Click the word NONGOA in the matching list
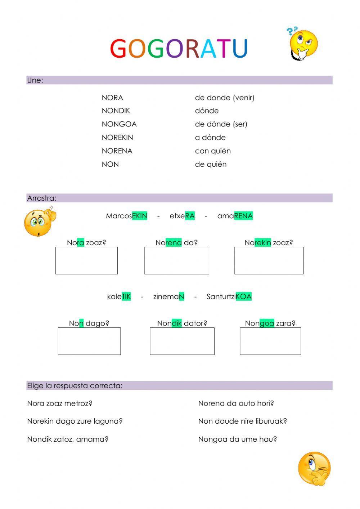(x=119, y=124)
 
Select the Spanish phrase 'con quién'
(x=213, y=151)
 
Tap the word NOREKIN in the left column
(x=117, y=138)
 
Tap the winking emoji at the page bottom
(x=314, y=468)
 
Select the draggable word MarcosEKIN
(x=126, y=216)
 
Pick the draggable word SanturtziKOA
(x=229, y=297)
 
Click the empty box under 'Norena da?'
(x=176, y=260)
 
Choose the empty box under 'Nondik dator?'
(x=182, y=341)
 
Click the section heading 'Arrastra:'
(x=42, y=198)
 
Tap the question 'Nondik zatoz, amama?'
(x=68, y=439)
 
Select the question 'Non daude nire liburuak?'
(x=242, y=421)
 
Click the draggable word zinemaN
(x=168, y=297)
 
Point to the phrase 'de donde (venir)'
(x=225, y=98)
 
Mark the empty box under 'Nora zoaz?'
(x=86, y=260)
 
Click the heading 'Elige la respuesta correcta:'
(x=75, y=386)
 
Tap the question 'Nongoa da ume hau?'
(x=237, y=439)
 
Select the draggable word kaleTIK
(x=119, y=297)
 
